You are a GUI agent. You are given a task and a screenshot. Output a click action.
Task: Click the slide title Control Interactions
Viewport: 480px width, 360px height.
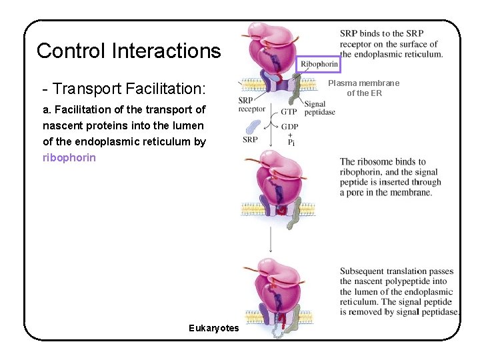(128, 51)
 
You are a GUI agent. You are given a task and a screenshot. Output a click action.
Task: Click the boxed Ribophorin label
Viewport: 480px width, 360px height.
(319, 64)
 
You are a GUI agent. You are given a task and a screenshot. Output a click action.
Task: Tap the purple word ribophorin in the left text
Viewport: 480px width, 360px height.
(69, 158)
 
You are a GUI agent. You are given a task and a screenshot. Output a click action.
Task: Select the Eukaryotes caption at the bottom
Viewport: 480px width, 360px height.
(213, 328)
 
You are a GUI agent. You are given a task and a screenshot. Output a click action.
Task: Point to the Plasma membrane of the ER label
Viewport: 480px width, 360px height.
(364, 88)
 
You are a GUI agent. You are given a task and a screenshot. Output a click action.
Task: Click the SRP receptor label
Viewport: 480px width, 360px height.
(251, 105)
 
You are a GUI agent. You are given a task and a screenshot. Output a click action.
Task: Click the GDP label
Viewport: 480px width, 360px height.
(289, 126)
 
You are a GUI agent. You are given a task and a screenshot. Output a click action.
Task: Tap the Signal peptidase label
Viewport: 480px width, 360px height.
(319, 108)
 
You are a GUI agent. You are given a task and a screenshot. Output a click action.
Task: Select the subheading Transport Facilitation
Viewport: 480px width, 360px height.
(123, 89)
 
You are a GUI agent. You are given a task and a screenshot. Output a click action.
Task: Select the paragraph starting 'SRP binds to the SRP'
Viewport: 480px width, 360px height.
(391, 43)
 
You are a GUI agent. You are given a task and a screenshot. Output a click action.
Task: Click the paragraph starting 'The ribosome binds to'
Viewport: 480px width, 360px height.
(390, 177)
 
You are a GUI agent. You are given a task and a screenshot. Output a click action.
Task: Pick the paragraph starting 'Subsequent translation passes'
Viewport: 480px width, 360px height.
(398, 291)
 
